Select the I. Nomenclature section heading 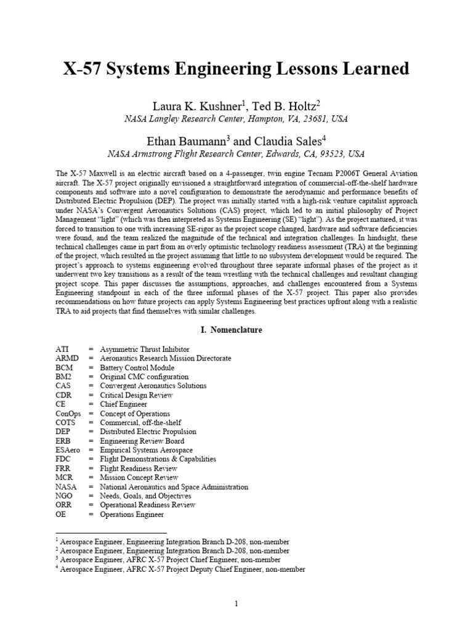pos(232,330)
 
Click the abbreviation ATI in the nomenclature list pos(62,349)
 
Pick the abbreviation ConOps pos(68,413)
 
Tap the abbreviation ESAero pos(68,450)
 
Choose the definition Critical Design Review pos(136,395)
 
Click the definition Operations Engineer pos(132,514)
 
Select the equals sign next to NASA pos(91,487)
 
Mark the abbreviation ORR pos(64,505)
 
